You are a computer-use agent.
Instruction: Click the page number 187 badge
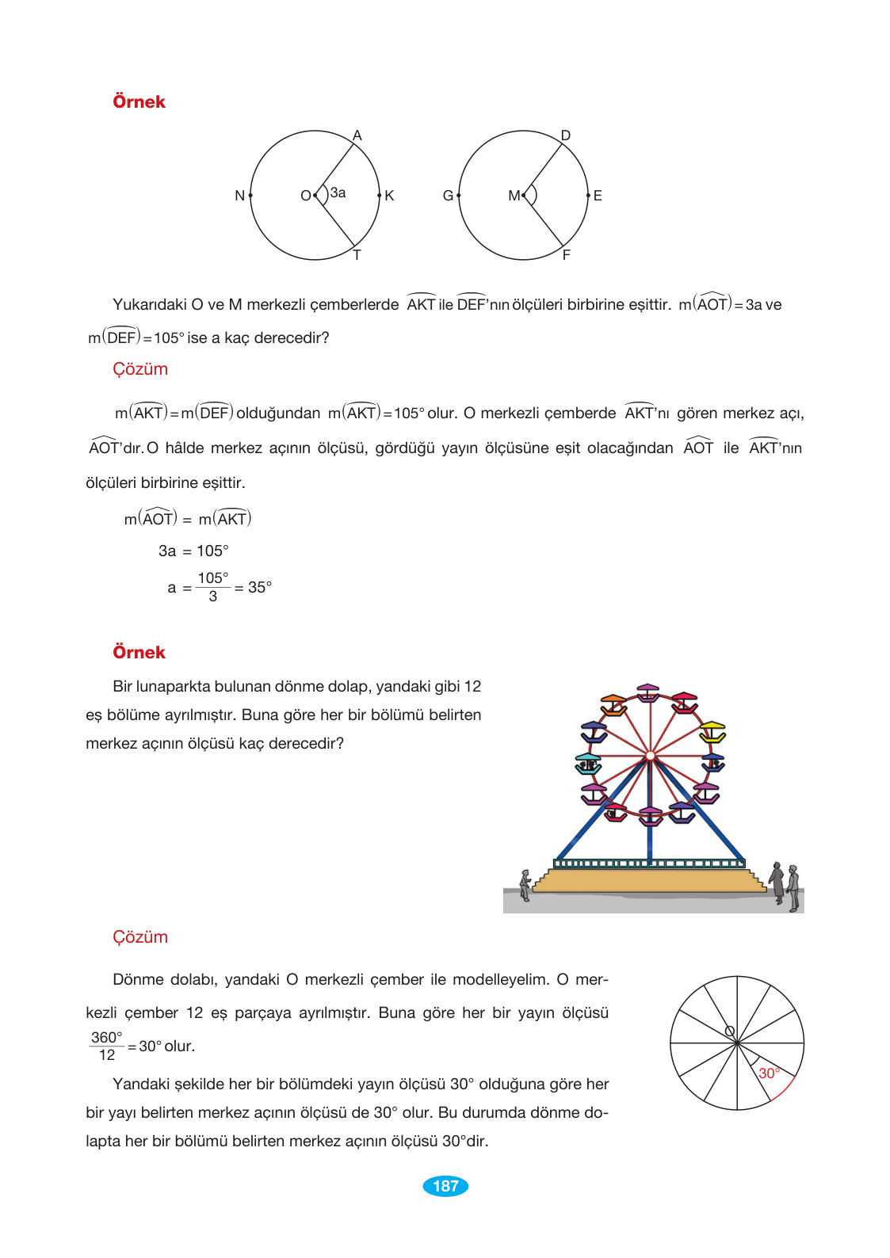(x=445, y=1186)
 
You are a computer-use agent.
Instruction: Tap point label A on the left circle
(x=357, y=135)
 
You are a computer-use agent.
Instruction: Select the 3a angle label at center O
(x=338, y=193)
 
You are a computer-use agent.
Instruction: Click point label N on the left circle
(x=239, y=196)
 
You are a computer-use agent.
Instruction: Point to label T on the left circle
(x=357, y=255)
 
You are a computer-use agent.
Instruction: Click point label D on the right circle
(x=566, y=135)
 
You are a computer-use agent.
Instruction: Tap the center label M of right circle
(x=514, y=196)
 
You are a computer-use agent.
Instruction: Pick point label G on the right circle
(x=448, y=196)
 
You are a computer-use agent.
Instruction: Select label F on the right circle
(x=567, y=255)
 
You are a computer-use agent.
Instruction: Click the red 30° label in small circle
(x=769, y=1073)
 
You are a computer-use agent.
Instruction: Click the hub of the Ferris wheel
(x=650, y=756)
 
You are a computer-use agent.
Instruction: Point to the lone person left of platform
(x=525, y=885)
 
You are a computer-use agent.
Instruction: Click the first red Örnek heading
(x=139, y=101)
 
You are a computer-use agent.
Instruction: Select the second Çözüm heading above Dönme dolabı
(x=140, y=936)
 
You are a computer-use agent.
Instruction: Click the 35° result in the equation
(x=260, y=587)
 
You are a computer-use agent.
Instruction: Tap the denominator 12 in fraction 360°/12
(x=107, y=1055)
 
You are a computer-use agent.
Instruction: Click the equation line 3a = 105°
(x=193, y=551)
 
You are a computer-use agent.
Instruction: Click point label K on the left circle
(x=389, y=196)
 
